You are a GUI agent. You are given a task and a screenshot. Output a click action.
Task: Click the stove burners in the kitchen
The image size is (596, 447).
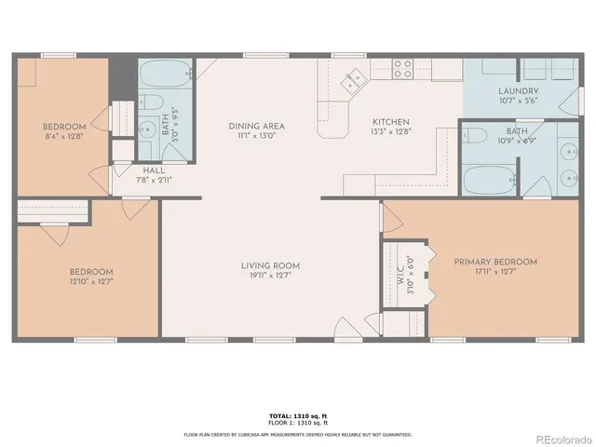point(402,68)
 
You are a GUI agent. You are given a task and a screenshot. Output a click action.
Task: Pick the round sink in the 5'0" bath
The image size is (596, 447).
point(147,130)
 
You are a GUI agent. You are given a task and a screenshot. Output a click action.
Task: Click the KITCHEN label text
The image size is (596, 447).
point(390,122)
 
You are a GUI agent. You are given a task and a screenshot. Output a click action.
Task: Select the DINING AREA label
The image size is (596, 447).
point(256,126)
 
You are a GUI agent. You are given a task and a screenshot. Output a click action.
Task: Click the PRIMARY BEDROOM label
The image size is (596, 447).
point(495,262)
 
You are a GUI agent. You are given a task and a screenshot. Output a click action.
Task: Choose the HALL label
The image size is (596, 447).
point(155,170)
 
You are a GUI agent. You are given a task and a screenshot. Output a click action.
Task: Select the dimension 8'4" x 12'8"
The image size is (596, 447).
point(64,137)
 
